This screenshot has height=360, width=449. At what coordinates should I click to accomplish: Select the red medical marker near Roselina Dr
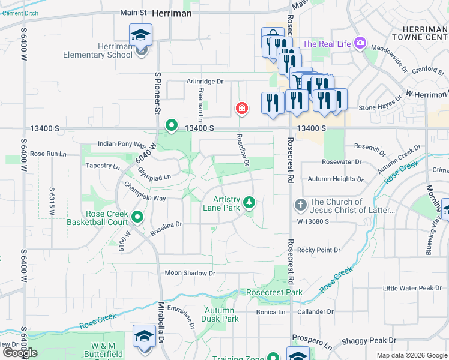tap(241, 109)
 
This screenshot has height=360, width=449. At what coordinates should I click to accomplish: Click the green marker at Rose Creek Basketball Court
tap(137, 217)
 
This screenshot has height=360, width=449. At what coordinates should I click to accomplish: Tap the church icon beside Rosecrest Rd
tap(301, 206)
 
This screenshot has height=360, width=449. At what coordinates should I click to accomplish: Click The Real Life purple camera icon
tap(360, 43)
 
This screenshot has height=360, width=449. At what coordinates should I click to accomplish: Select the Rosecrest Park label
tap(274, 292)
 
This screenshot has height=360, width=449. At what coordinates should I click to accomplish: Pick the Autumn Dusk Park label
tap(221, 314)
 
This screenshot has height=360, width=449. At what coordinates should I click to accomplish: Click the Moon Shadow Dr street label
tap(190, 273)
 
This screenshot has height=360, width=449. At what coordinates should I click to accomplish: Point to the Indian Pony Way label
tap(122, 145)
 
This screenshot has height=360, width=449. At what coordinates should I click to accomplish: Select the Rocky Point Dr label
tap(319, 250)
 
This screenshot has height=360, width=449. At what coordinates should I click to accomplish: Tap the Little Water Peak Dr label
tap(412, 288)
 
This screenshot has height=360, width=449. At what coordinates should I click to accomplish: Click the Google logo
tap(20, 353)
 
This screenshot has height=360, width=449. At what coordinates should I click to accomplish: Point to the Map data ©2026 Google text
tap(411, 355)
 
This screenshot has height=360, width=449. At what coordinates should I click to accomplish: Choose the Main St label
tap(133, 12)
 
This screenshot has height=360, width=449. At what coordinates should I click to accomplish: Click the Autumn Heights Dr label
tap(336, 179)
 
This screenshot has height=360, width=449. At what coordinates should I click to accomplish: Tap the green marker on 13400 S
tap(171, 126)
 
